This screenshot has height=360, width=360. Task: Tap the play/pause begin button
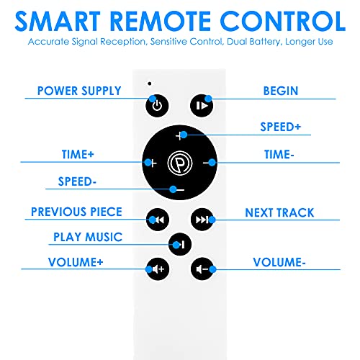[202, 106]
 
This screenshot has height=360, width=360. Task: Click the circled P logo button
[180, 163]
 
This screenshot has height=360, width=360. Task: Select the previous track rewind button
[158, 220]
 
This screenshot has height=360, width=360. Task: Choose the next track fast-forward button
[202, 220]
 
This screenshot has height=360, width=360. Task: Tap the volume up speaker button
[158, 269]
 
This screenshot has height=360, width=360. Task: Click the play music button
[180, 244]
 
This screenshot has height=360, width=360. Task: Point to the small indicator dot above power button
[150, 84]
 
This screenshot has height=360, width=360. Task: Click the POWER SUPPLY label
[79, 91]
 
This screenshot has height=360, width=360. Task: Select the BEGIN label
[281, 91]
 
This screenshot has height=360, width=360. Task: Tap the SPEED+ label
[281, 127]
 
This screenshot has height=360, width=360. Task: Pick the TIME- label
[279, 154]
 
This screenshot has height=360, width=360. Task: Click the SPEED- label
[77, 181]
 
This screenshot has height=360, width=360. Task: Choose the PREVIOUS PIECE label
[76, 212]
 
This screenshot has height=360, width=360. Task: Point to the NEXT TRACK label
[279, 212]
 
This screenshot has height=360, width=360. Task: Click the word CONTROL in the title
[283, 21]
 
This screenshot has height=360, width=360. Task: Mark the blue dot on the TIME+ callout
[148, 163]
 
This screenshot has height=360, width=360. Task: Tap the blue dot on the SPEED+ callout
[184, 135]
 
